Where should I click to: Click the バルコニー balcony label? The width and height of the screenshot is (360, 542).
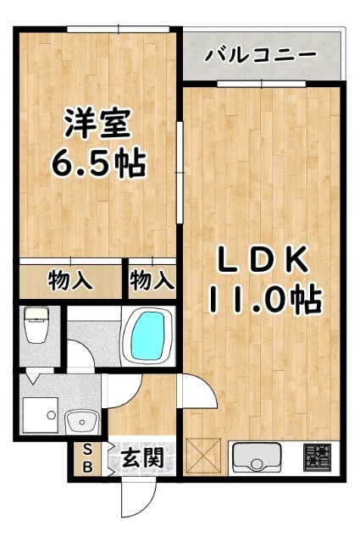(x=262, y=57)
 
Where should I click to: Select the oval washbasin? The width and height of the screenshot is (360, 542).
(x=81, y=419)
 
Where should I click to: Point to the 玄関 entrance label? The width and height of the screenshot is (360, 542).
(x=141, y=460)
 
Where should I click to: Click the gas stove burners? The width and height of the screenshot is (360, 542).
(x=319, y=457)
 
